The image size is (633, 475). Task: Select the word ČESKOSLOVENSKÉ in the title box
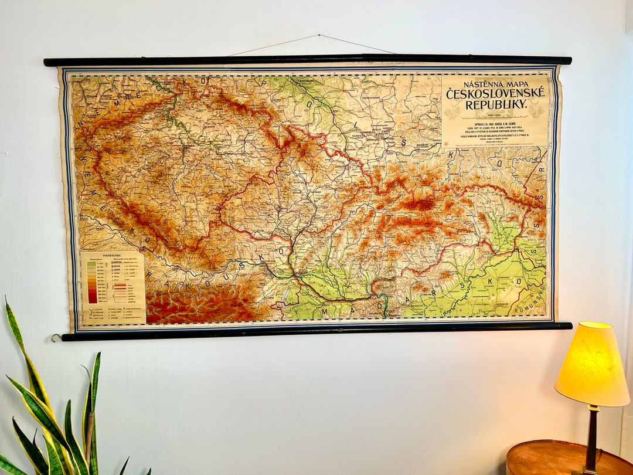click(x=495, y=93)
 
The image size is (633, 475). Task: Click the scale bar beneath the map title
click(x=495, y=114)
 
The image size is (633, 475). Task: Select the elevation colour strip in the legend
click(x=92, y=282)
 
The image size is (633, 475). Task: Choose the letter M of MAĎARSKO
click(x=324, y=311)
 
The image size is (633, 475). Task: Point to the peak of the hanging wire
click(x=319, y=36)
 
